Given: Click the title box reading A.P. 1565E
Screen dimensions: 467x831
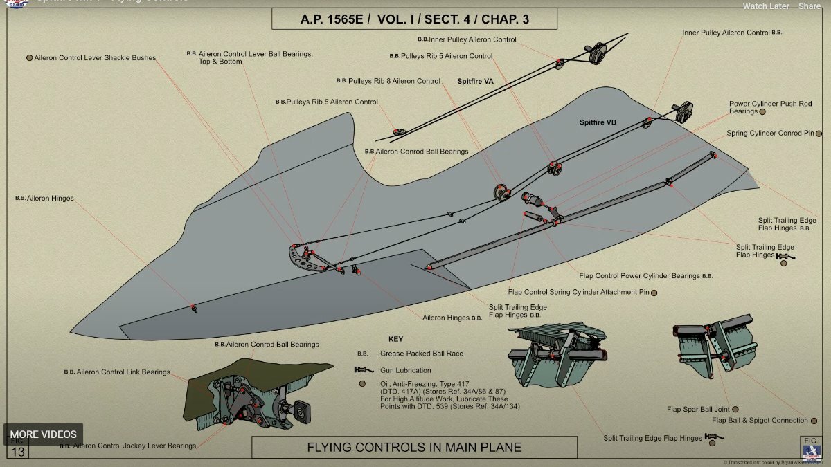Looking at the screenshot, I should pos(414,19).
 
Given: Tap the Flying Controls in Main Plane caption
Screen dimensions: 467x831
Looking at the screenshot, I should pos(414,448).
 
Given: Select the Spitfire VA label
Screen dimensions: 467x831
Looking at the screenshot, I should pos(475,81).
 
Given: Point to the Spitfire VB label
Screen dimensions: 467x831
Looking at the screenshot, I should pos(598,122).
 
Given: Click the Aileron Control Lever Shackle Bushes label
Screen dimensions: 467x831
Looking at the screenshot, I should pos(95,58).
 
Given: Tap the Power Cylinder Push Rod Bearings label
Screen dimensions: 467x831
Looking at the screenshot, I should pos(760,107).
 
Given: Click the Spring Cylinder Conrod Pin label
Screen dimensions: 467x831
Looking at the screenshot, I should pos(770,133).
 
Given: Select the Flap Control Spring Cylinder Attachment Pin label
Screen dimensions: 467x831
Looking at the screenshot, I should pos(578,292).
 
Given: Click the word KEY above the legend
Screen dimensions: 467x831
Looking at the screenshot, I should pos(395,339).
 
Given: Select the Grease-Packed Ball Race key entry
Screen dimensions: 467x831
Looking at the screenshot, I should pos(422,354).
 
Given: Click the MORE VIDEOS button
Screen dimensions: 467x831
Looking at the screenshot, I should pos(43,434).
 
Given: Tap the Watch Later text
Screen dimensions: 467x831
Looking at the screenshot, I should pos(766,6).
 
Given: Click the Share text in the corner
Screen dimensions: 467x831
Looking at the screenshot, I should pos(810,6).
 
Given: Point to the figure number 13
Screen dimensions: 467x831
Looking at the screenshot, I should pos(18,452).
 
